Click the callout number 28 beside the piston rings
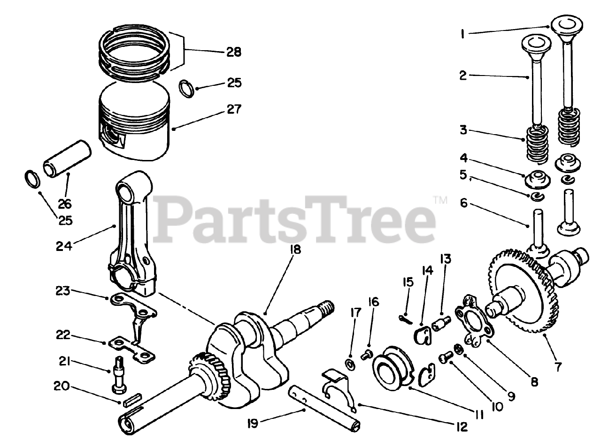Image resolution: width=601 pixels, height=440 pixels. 233,52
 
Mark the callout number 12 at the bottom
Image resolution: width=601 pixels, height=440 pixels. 462,427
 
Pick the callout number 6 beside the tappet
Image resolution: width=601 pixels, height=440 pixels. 464,203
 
